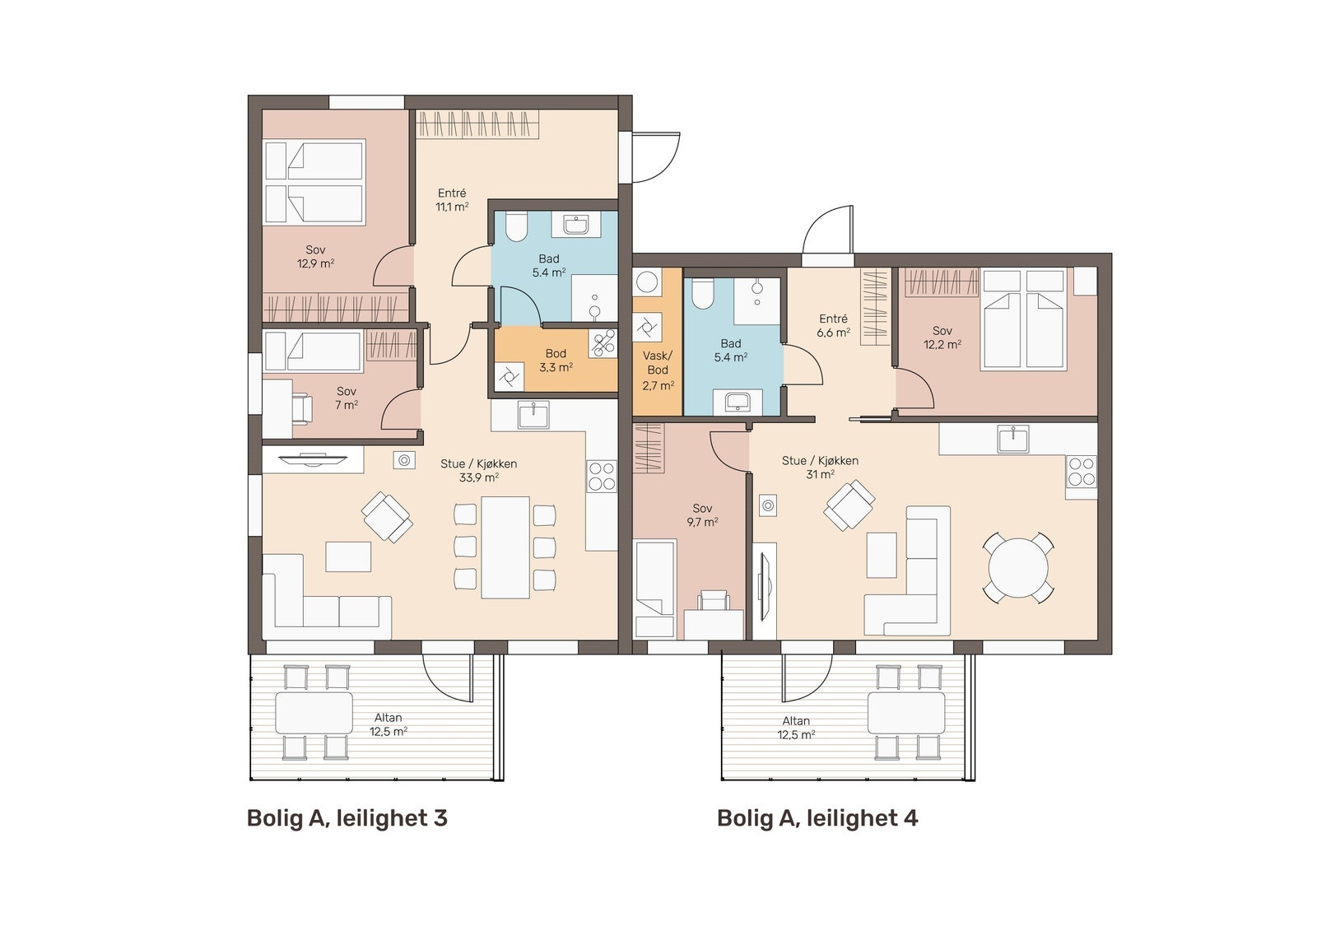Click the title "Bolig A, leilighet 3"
(347, 819)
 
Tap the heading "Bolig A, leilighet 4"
(817, 819)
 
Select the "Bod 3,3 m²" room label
(556, 361)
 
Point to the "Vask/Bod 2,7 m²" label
(658, 370)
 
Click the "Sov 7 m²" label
(347, 398)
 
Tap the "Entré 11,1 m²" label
(452, 200)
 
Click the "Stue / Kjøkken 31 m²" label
(820, 468)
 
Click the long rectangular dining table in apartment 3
(505, 547)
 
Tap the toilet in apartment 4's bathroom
(702, 293)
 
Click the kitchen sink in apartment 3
(534, 415)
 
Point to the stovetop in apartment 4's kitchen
(1082, 472)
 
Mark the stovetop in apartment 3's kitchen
(602, 477)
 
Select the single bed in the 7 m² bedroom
(313, 351)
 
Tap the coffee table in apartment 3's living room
(349, 556)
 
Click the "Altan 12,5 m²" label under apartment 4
(796, 728)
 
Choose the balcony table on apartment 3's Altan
(314, 713)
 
